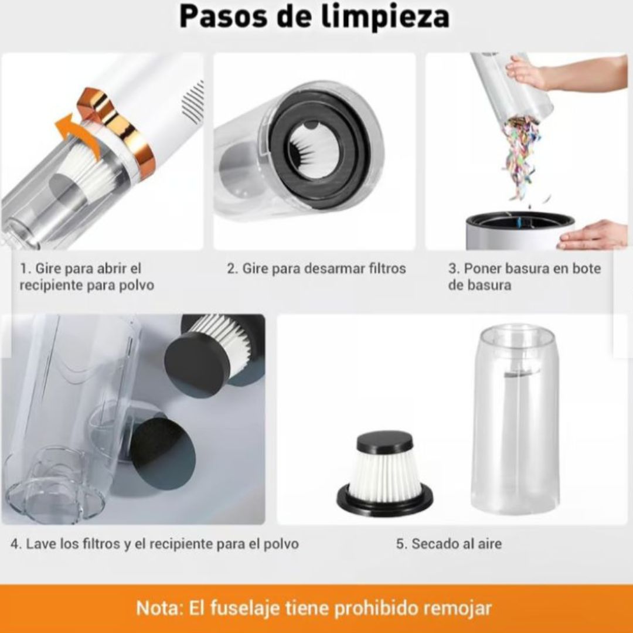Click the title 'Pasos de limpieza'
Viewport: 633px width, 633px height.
(314, 16)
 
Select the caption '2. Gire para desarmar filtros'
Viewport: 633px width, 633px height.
(316, 268)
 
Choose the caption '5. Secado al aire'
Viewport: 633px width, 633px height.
(449, 543)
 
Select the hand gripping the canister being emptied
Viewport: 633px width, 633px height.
(527, 73)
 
